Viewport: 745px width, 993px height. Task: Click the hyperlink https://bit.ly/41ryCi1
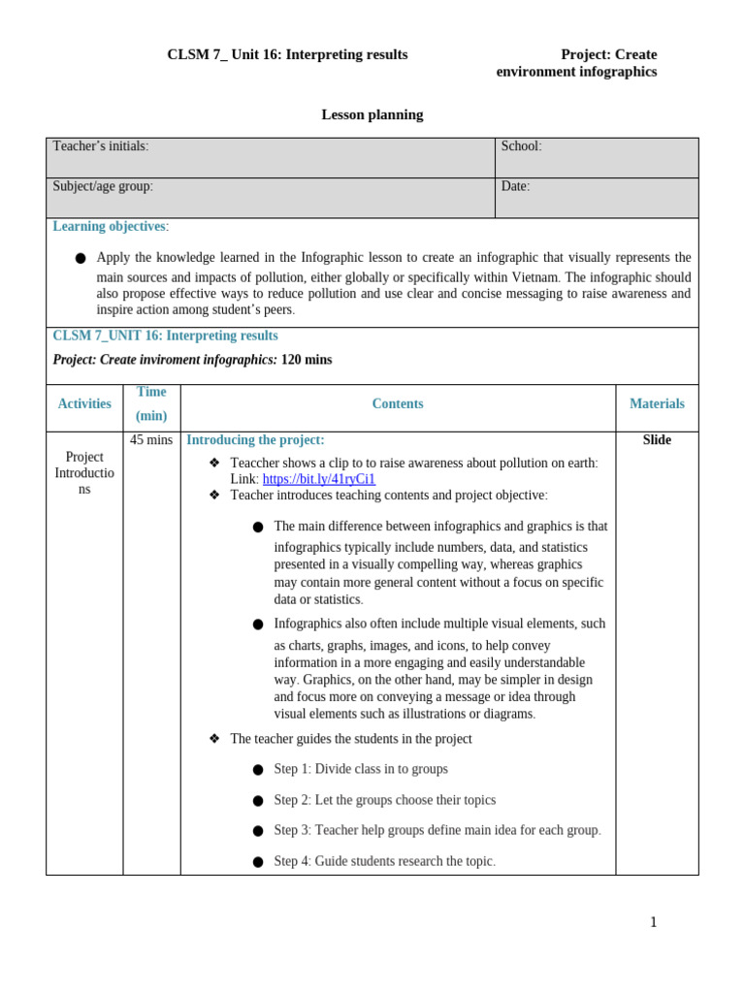click(318, 479)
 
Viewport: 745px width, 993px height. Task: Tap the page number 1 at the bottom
click(653, 922)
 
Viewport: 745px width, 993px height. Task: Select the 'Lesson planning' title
click(372, 114)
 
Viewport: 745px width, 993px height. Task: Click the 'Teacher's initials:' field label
click(101, 146)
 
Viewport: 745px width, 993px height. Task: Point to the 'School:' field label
click(521, 146)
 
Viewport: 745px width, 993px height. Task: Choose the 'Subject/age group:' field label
click(103, 186)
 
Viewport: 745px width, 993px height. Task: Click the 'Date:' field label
click(515, 186)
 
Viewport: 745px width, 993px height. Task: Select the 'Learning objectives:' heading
click(111, 227)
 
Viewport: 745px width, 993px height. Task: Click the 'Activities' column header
click(84, 404)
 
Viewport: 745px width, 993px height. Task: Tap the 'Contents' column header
click(398, 404)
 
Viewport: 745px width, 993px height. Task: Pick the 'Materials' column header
click(657, 404)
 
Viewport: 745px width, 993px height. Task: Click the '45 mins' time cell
click(151, 440)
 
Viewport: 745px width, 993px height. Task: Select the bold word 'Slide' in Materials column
click(657, 440)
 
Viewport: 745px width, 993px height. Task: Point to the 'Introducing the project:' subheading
click(255, 440)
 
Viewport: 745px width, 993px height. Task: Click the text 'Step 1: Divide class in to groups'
click(361, 769)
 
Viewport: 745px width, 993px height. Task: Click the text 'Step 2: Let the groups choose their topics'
click(384, 800)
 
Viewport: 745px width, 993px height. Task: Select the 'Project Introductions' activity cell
click(84, 473)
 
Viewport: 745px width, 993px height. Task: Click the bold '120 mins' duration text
click(307, 360)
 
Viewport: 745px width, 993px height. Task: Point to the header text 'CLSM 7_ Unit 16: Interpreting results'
click(287, 55)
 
